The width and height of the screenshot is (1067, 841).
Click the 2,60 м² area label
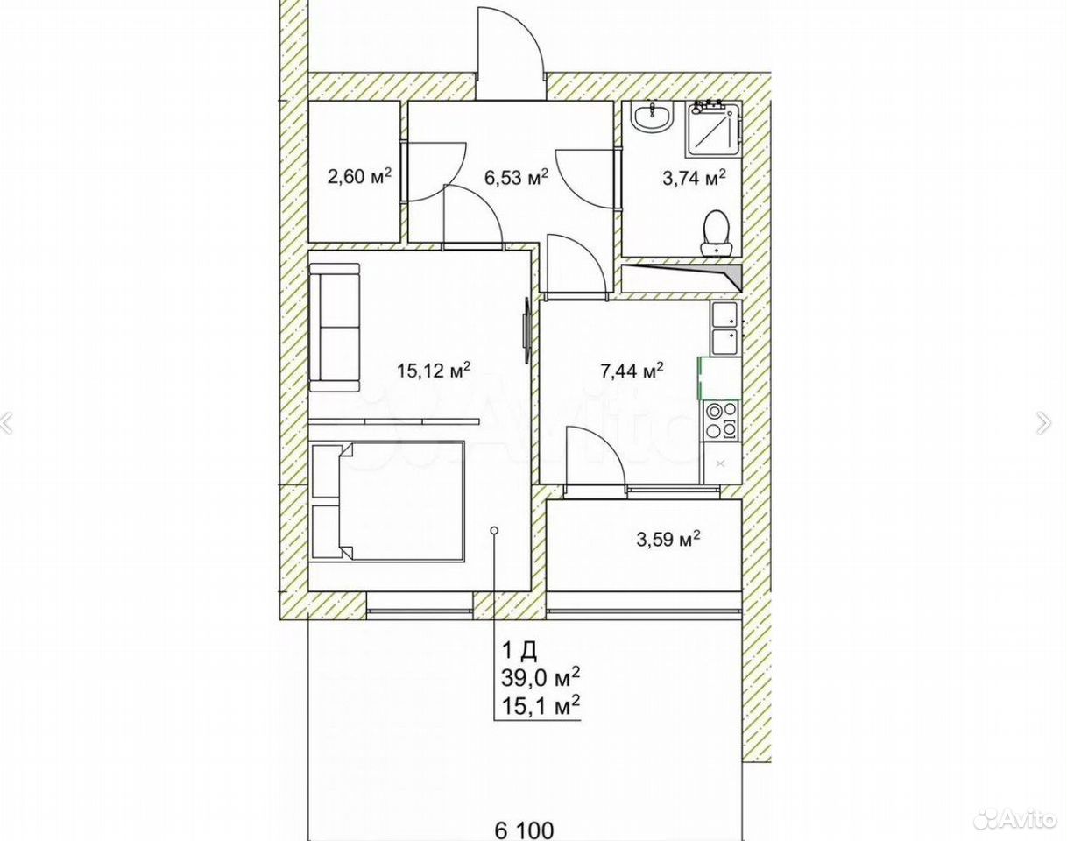359,175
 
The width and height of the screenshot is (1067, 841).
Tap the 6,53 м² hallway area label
516,175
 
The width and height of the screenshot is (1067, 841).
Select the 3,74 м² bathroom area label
694,177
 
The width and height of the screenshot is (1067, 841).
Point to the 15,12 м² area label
433,370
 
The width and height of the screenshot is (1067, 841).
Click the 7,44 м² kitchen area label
632,371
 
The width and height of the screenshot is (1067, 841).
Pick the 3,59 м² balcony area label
668,538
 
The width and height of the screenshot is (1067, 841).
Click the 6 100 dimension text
524,830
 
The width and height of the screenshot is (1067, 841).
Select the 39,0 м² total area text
541,677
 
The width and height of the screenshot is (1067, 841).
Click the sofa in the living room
334,328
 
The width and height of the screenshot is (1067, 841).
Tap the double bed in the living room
388,501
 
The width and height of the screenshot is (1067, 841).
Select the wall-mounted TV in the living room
526,330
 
